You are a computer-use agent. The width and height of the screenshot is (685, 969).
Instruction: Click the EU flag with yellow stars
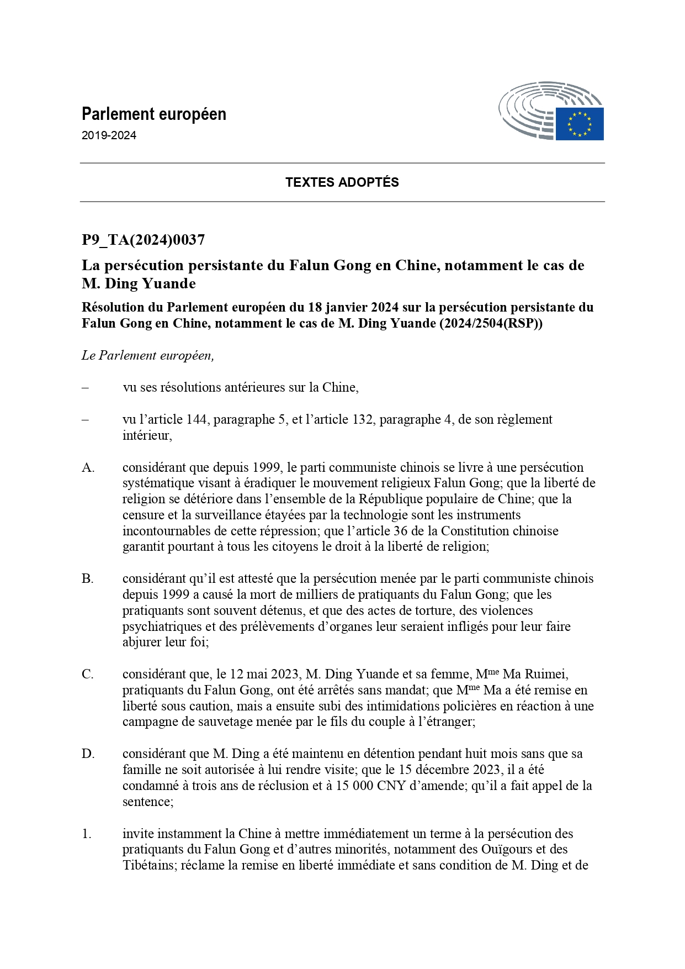point(579,124)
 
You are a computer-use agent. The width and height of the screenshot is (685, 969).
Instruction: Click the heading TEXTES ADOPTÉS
point(342,182)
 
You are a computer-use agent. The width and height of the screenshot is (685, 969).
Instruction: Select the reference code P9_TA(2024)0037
point(144,240)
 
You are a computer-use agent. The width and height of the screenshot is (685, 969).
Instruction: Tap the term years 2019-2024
point(109,135)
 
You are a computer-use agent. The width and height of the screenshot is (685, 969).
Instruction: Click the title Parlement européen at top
point(154,114)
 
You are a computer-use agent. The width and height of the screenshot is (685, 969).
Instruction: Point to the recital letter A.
point(88,467)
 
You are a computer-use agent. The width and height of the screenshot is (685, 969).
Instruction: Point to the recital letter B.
point(88,578)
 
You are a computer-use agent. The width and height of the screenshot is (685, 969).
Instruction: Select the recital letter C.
point(88,674)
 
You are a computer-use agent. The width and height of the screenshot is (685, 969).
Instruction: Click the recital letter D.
point(88,754)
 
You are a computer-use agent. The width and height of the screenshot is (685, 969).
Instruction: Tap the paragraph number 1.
point(87,834)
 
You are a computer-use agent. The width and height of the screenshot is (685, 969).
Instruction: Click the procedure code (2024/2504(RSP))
point(491,323)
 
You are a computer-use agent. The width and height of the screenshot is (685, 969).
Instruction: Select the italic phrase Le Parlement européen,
point(148,355)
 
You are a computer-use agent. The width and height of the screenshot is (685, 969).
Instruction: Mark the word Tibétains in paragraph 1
point(148,865)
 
